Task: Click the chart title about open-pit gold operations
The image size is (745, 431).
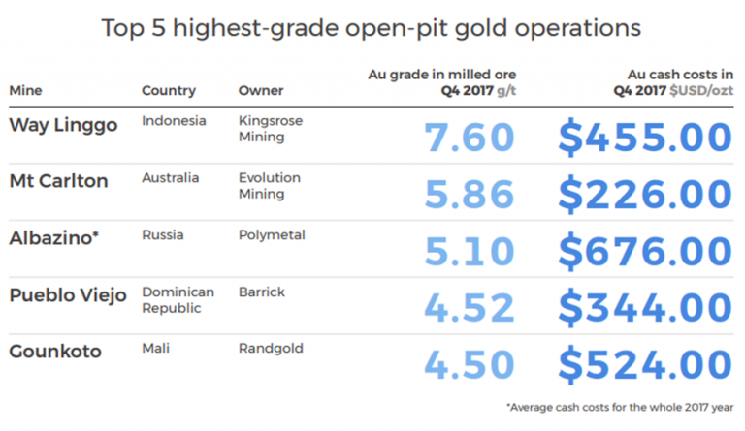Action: tap(372, 27)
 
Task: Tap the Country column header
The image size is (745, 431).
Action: tap(169, 91)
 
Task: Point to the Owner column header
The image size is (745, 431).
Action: tap(261, 91)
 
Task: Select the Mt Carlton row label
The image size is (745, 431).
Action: tap(58, 181)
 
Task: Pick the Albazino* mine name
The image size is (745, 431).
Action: tap(54, 237)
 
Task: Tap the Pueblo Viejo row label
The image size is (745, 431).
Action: tap(68, 294)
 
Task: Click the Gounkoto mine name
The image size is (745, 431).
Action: tap(55, 351)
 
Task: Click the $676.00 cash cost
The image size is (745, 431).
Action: tap(644, 252)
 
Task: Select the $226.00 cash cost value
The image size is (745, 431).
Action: tap(644, 195)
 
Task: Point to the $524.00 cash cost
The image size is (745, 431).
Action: tap(644, 365)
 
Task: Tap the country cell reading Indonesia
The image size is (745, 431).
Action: tap(174, 122)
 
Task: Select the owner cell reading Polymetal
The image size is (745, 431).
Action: tap(272, 235)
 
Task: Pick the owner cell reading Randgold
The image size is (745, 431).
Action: tap(271, 349)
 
